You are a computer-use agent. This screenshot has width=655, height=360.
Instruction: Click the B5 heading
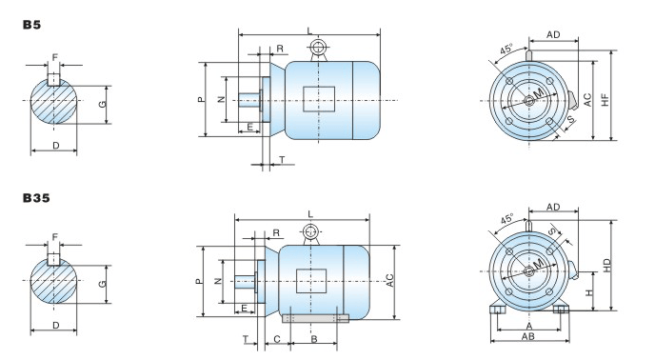click(x=31, y=25)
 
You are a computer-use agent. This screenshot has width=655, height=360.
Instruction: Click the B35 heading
click(x=36, y=198)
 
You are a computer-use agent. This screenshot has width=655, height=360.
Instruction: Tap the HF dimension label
click(x=605, y=100)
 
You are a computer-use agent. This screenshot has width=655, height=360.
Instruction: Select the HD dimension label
click(x=606, y=265)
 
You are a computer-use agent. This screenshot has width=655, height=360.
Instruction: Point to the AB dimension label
click(x=528, y=336)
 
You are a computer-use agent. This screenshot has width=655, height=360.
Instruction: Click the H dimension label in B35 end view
click(x=589, y=292)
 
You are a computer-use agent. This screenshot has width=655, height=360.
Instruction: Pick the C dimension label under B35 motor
click(x=276, y=339)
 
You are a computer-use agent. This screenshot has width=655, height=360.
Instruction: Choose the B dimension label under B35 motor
click(x=314, y=339)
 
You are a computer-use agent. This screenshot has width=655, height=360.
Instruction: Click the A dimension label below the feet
click(x=528, y=326)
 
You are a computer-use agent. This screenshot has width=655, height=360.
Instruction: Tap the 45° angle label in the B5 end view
click(x=506, y=49)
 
